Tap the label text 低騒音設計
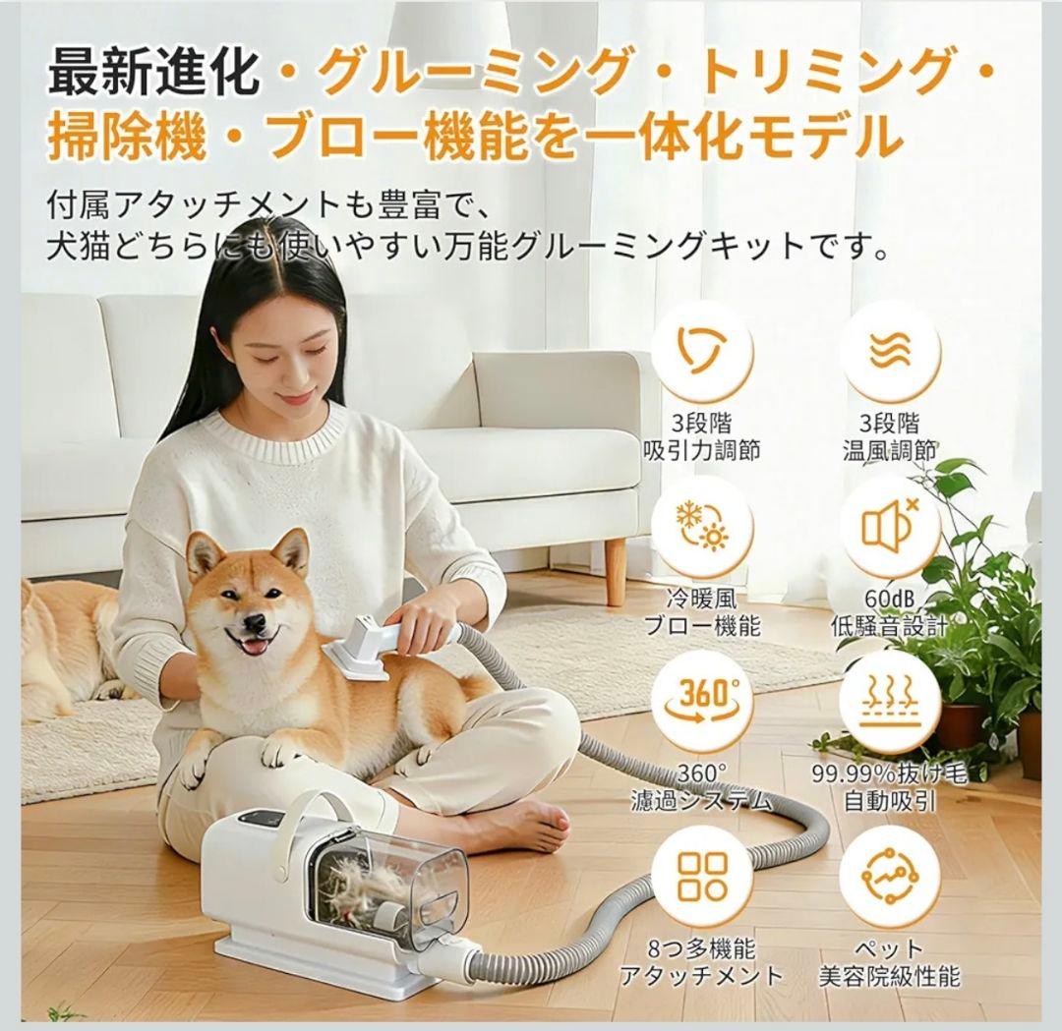click(x=889, y=626)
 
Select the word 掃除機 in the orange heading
click(x=127, y=137)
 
